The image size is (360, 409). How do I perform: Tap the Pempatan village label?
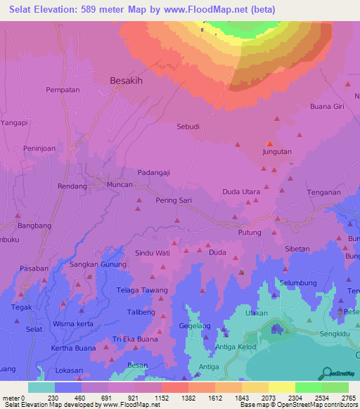[x=63, y=91]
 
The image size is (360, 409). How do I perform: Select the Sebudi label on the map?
[x=188, y=127]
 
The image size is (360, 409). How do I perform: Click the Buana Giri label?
[x=327, y=107]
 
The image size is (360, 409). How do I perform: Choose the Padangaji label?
[x=154, y=173]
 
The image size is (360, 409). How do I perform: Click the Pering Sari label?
[x=174, y=200]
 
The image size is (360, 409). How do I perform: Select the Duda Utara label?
[x=241, y=192]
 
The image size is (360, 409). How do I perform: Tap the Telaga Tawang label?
[x=143, y=290]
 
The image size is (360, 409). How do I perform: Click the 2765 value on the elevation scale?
[x=349, y=398]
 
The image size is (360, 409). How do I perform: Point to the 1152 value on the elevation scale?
[x=161, y=398]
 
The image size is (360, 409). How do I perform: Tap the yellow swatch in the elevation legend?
[x=281, y=387]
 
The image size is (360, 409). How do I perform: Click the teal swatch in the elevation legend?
[x=41, y=387]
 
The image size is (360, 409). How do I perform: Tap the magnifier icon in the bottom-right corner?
[x=326, y=374]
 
